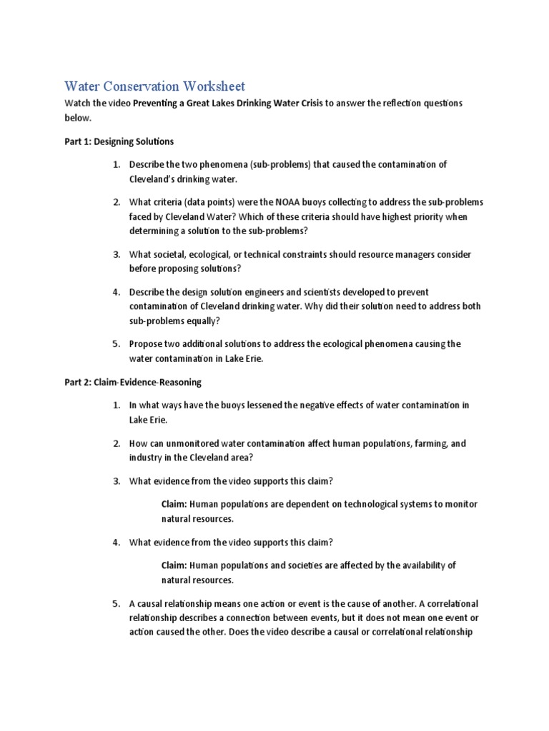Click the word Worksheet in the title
214,86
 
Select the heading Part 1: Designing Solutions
119,141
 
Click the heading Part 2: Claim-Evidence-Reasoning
133,382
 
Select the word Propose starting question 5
147,344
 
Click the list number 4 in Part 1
116,292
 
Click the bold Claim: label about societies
174,565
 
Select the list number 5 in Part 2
116,604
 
